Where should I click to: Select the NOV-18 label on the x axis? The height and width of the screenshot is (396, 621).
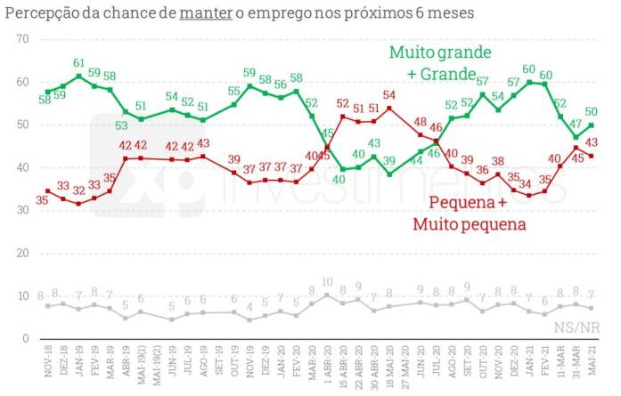click(x=48, y=367)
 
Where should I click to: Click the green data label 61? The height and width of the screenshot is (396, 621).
click(x=79, y=63)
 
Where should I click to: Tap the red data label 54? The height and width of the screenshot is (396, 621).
click(x=389, y=95)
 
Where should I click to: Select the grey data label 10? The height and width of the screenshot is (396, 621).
click(x=327, y=283)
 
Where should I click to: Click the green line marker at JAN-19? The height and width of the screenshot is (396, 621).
click(x=79, y=77)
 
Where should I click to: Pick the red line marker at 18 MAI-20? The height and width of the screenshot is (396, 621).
click(x=389, y=108)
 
